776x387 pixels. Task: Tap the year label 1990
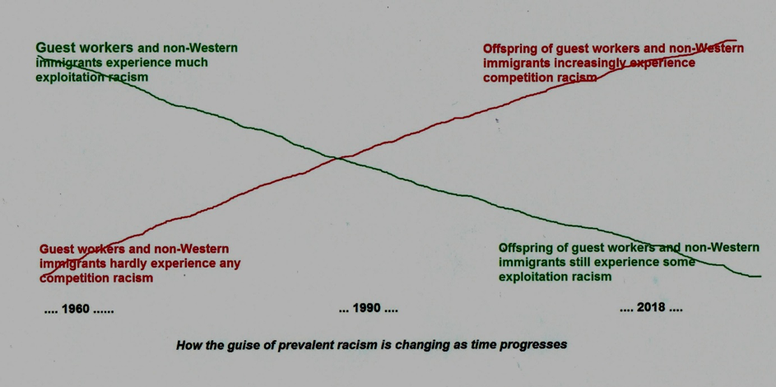[367, 309]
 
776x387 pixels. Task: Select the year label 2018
[650, 307]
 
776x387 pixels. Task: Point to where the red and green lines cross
[337, 157]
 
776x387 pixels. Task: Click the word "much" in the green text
[191, 63]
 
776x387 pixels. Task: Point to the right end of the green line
[760, 276]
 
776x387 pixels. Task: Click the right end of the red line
[736, 40]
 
